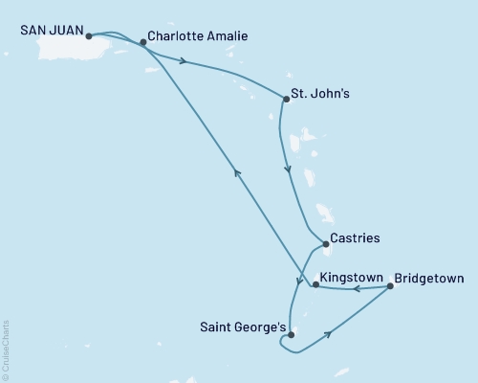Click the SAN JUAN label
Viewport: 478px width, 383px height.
point(51,31)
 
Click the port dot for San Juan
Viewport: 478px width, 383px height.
point(88,37)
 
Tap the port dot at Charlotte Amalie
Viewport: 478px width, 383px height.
point(143,42)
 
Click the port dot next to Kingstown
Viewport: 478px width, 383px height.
point(315,284)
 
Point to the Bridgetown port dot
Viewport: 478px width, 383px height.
point(389,285)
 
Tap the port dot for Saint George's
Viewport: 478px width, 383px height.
point(291,335)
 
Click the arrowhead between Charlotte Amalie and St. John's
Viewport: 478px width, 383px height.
point(181,62)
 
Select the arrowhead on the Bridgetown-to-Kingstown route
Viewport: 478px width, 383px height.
point(353,287)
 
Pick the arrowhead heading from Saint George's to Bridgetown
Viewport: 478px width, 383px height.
point(330,334)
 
